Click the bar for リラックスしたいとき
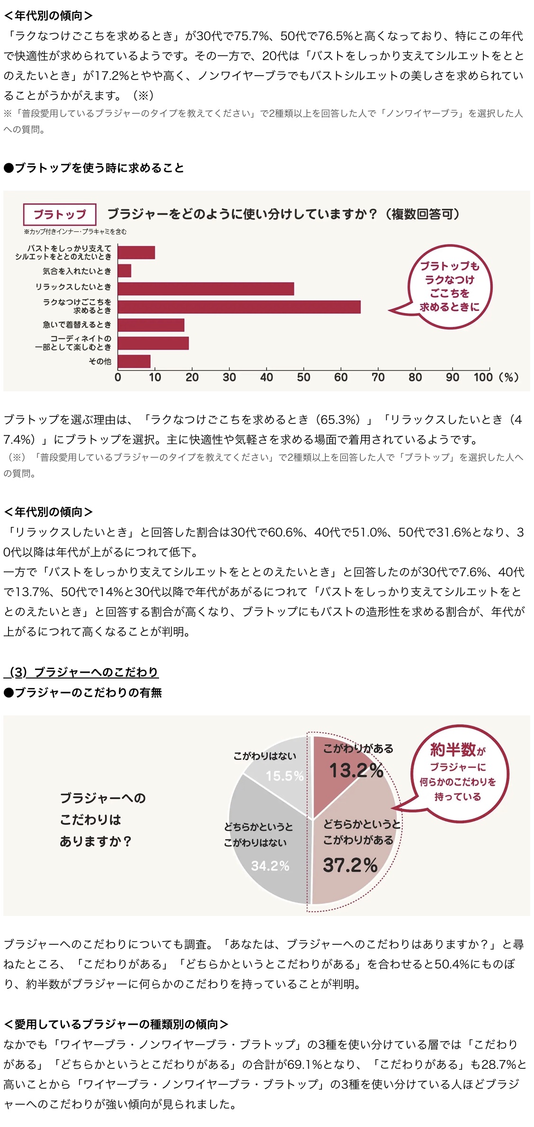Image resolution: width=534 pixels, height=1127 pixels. pyautogui.click(x=205, y=289)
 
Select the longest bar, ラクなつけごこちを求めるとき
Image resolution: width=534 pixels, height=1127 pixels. pyautogui.click(x=239, y=307)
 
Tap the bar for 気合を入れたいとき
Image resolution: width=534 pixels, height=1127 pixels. pyautogui.click(x=125, y=271)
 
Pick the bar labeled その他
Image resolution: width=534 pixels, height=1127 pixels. pyautogui.click(x=134, y=361)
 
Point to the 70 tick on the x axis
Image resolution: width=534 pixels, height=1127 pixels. pyautogui.click(x=378, y=377)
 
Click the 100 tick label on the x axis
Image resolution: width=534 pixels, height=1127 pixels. pyautogui.click(x=483, y=377)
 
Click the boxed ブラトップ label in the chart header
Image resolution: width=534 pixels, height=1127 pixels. pyautogui.click(x=60, y=214)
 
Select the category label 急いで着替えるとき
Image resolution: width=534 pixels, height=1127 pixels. pyautogui.click(x=77, y=325)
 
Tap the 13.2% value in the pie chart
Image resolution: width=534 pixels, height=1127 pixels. pyautogui.click(x=356, y=770)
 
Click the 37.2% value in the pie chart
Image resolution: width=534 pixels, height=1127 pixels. pyautogui.click(x=350, y=865)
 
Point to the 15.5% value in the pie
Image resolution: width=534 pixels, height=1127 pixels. pyautogui.click(x=285, y=776)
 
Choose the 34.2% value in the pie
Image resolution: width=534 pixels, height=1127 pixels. pyautogui.click(x=270, y=866)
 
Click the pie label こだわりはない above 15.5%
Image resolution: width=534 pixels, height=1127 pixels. pyautogui.click(x=265, y=756)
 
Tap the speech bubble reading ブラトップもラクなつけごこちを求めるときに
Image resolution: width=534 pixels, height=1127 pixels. pyautogui.click(x=449, y=286)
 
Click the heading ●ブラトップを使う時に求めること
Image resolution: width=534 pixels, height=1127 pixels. pyautogui.click(x=94, y=168)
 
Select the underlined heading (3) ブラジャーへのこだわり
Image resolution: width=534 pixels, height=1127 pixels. pyautogui.click(x=81, y=672)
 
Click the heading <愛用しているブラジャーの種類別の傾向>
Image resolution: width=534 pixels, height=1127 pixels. pyautogui.click(x=116, y=1024)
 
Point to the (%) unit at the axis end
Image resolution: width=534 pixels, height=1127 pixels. pyautogui.click(x=508, y=377)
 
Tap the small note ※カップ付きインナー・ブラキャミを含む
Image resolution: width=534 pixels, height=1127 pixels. pyautogui.click(x=75, y=232)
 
